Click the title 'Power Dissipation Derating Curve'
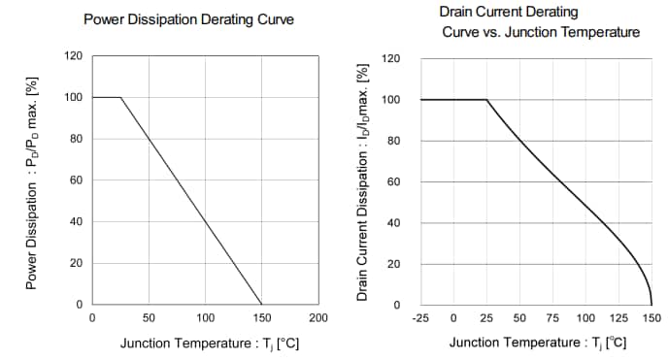click(x=188, y=19)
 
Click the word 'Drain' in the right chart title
click(x=458, y=13)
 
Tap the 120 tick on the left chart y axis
click(x=74, y=56)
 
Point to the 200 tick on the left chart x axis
click(x=317, y=317)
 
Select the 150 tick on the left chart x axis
click(x=261, y=317)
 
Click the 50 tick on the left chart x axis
click(x=149, y=317)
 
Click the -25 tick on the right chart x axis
click(x=420, y=317)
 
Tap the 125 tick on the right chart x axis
click(x=618, y=317)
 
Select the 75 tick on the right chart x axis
click(x=552, y=317)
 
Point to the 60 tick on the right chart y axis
click(x=394, y=182)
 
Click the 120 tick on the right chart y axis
click(x=391, y=58)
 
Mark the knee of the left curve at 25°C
click(x=120, y=97)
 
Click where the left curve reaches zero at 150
click(x=261, y=305)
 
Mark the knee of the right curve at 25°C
click(x=486, y=100)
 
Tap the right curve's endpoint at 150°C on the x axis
click(x=651, y=305)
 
